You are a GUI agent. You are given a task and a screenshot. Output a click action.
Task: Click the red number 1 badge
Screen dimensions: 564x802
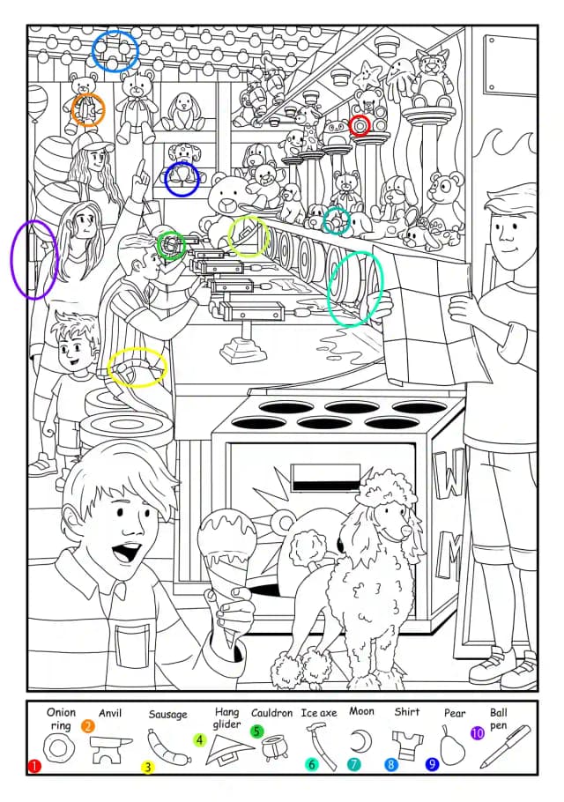click(33, 766)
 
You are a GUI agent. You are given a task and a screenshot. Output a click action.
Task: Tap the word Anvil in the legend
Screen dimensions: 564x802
click(110, 713)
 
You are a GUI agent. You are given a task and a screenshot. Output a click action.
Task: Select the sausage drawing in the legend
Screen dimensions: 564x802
click(168, 747)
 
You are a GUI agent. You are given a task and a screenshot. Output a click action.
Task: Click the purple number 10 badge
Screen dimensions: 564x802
click(477, 733)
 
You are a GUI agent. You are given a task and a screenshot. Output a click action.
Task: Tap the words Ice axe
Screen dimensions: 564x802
click(318, 712)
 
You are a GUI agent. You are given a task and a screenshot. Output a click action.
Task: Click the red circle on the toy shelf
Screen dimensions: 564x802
click(360, 125)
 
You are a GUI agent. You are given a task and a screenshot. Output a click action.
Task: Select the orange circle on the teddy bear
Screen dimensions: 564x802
click(88, 110)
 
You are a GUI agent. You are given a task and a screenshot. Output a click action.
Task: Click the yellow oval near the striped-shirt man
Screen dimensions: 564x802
click(137, 368)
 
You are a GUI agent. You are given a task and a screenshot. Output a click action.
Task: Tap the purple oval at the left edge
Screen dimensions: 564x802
click(34, 259)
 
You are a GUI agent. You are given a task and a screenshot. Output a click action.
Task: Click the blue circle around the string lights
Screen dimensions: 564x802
click(115, 50)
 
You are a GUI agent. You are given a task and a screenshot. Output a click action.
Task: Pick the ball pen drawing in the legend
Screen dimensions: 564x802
click(505, 746)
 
